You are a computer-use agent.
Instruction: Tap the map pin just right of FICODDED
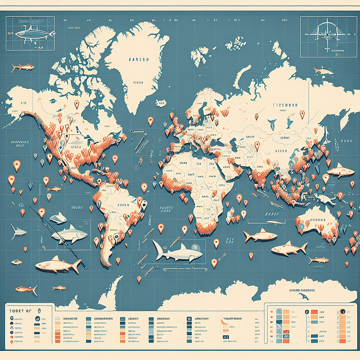pos(302,114)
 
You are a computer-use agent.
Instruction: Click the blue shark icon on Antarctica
pos(304,296)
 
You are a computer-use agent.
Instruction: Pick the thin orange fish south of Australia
pos(318,260)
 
